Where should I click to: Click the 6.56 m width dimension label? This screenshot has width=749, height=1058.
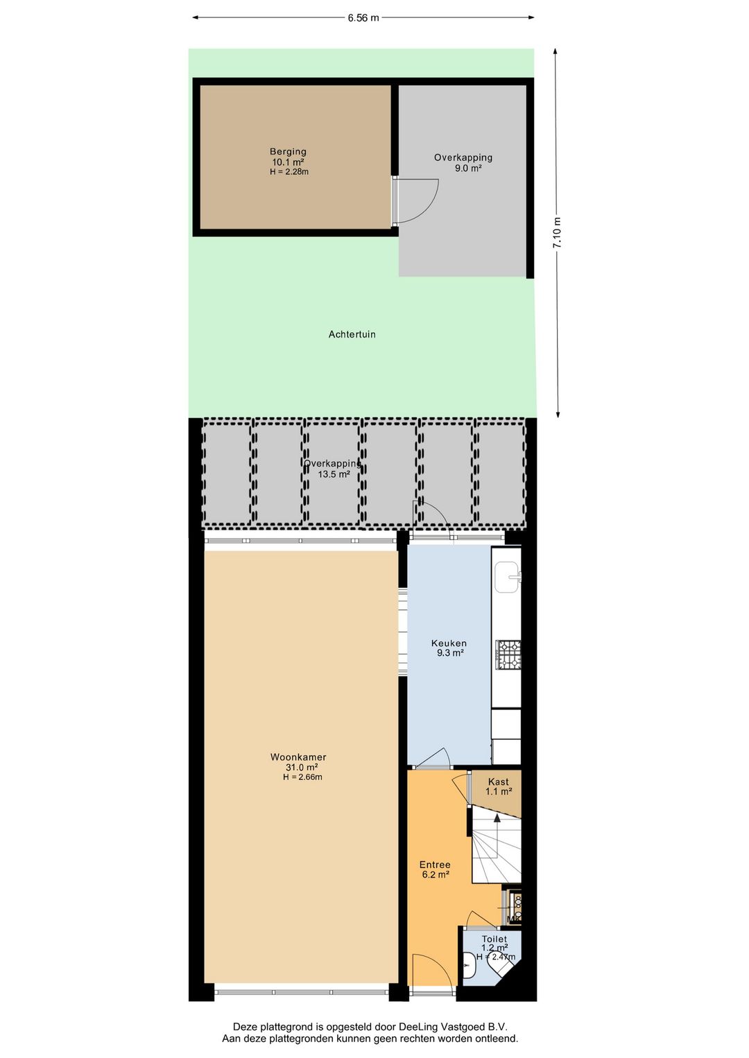(363, 18)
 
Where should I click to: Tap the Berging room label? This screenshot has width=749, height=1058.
(288, 152)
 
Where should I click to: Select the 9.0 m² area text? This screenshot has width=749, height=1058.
(468, 168)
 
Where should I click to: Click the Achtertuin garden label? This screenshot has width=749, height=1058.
(352, 334)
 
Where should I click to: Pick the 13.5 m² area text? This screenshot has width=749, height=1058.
(334, 474)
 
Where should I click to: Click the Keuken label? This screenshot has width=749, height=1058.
(449, 643)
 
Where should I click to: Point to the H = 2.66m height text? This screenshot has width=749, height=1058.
(302, 777)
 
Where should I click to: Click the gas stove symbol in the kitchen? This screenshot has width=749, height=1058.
(508, 654)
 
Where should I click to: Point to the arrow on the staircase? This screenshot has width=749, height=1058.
(497, 835)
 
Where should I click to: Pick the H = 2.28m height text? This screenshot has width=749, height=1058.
(289, 172)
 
